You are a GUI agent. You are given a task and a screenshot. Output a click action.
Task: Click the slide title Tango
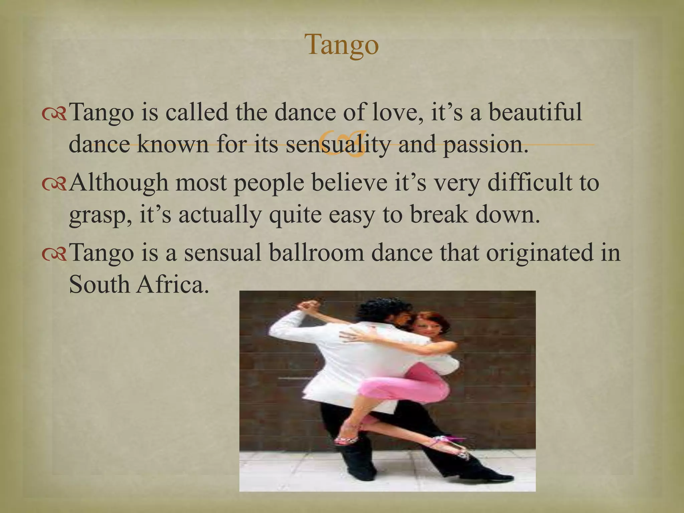(342, 45)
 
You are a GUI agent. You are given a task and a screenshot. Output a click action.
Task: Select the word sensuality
(338, 144)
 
